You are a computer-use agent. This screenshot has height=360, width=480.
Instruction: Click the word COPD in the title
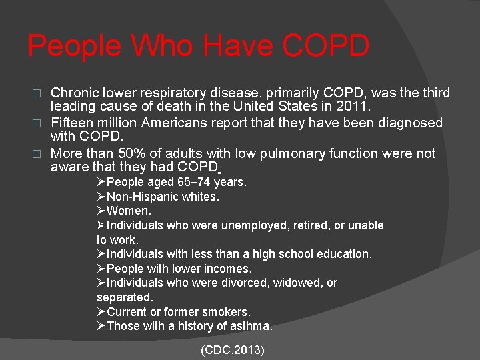325,47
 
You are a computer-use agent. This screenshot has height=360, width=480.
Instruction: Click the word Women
129,211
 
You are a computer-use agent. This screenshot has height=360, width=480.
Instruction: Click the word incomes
231,269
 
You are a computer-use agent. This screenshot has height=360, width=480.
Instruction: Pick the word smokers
229,312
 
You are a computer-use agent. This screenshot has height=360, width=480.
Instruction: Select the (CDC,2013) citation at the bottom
233,349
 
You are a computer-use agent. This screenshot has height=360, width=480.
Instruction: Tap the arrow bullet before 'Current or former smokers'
101,312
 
